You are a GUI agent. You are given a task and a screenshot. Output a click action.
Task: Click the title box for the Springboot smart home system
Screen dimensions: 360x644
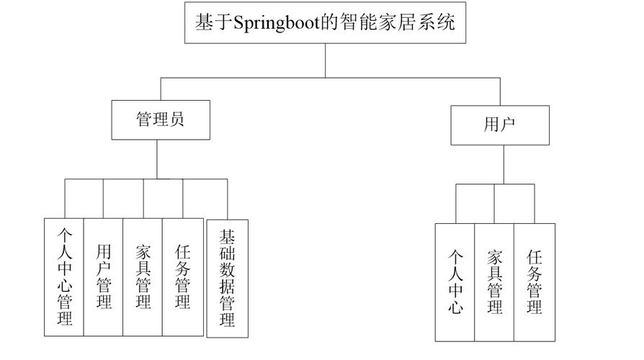click(x=325, y=23)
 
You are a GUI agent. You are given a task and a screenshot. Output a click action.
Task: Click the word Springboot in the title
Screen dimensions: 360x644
click(x=272, y=23)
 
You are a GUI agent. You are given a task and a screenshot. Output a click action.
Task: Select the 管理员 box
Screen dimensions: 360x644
click(x=161, y=119)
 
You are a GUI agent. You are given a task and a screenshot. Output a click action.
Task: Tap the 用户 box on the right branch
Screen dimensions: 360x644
click(x=499, y=124)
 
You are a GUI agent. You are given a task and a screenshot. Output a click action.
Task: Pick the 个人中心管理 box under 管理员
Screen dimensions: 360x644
click(x=64, y=276)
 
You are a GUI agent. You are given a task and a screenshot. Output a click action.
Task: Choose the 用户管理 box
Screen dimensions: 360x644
click(x=103, y=276)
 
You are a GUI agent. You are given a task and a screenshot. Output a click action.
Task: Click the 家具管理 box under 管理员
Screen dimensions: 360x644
click(x=143, y=276)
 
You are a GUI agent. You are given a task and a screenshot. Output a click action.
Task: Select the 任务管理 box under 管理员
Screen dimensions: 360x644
click(x=182, y=276)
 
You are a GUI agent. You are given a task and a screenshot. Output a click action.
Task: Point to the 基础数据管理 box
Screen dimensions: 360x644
click(x=227, y=278)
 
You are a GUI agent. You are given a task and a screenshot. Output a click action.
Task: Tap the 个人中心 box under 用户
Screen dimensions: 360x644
click(x=455, y=282)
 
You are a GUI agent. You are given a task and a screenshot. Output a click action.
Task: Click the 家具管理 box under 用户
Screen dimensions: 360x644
click(x=494, y=282)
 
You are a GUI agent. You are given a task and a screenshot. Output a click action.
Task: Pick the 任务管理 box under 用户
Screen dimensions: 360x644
click(x=534, y=282)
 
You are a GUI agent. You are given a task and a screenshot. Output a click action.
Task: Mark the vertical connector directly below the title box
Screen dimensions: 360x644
click(x=325, y=60)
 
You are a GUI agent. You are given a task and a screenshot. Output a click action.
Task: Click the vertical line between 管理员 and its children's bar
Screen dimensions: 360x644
click(x=157, y=158)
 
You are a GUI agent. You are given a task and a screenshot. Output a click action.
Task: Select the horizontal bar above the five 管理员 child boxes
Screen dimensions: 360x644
click(x=144, y=179)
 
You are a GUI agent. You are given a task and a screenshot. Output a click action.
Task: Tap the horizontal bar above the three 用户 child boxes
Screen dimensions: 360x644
click(x=495, y=184)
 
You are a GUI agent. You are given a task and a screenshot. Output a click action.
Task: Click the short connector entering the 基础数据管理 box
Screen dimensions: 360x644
click(x=227, y=199)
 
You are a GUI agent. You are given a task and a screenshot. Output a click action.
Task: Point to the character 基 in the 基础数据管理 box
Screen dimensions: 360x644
click(x=227, y=237)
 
